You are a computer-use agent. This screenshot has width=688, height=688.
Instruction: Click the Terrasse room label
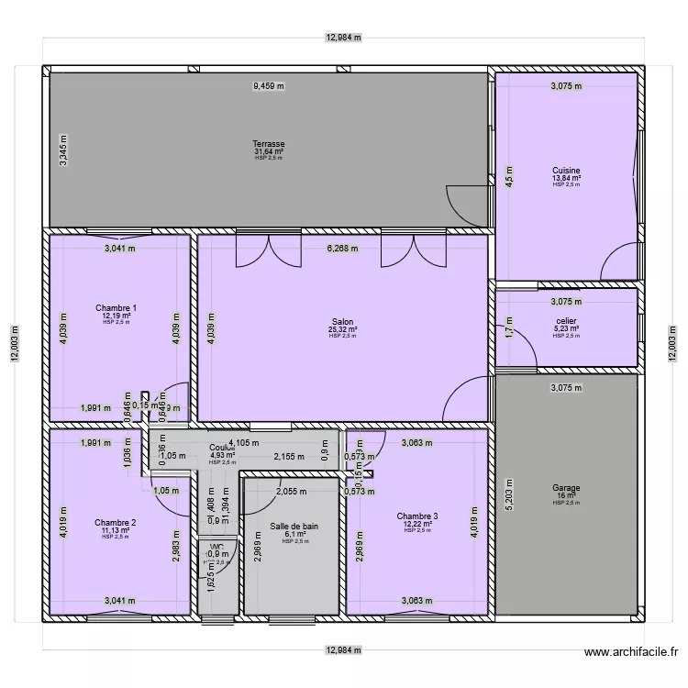269,144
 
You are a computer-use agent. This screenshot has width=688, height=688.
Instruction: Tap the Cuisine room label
566,171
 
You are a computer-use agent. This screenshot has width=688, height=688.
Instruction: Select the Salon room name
343,322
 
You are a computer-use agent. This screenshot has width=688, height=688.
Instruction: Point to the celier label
566,321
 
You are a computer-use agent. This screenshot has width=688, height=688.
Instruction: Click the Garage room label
566,488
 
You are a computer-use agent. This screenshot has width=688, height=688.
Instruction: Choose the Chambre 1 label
117,308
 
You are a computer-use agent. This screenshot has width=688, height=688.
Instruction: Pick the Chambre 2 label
116,523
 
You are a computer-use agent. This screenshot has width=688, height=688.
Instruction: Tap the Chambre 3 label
416,516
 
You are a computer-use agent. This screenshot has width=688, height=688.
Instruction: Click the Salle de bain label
294,527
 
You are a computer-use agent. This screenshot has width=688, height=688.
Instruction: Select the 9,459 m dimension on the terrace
269,86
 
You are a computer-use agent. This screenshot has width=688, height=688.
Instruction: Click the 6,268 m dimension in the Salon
343,248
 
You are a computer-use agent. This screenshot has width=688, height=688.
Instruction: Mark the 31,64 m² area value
269,151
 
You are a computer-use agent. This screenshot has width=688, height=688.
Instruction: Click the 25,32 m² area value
343,329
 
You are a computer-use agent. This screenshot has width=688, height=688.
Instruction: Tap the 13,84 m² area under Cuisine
566,178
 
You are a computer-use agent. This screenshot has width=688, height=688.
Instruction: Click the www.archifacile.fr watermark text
630,653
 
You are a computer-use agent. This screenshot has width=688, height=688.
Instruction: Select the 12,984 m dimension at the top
344,39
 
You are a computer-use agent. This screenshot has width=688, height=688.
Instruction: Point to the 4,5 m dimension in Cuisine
511,174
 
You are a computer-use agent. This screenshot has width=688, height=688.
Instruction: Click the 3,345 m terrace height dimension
63,149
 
